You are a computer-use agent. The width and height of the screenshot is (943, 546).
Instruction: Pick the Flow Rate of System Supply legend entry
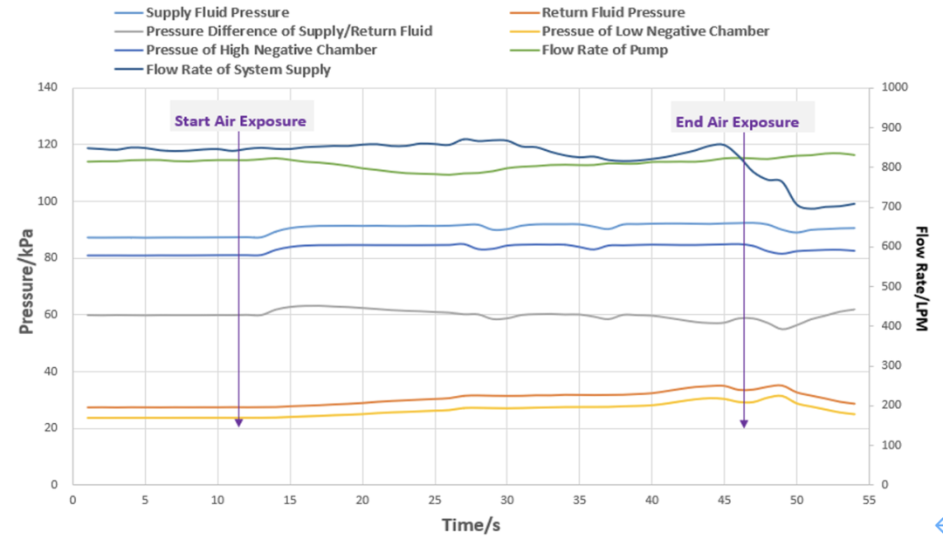238,69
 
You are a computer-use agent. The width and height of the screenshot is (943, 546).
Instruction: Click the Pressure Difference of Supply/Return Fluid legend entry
288,31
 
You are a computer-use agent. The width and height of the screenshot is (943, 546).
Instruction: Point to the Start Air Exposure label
240,121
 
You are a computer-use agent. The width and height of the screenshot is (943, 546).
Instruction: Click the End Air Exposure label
737,122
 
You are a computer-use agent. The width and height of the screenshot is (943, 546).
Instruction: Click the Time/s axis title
471,524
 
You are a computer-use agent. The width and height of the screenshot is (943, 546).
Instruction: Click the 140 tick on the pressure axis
47,88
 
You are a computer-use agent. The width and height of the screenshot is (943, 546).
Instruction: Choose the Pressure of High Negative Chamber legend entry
261,50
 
